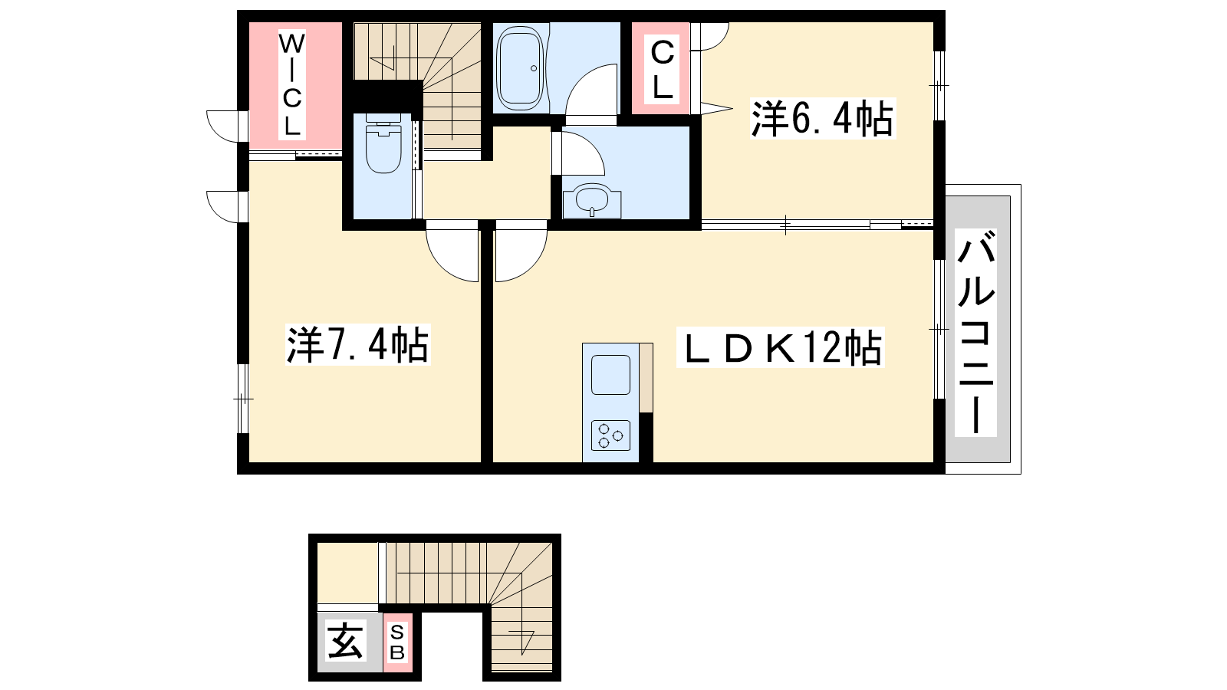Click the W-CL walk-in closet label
pos(291,85)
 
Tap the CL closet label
pos(662,69)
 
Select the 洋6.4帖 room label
pos(823,118)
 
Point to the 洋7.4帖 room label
pos(358,344)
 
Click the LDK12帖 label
pos(780,347)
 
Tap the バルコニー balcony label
pos(975,333)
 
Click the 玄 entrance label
pos(344,642)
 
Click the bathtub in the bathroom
pos(521,66)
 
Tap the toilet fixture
pos(383,143)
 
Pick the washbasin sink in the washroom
pos(592,202)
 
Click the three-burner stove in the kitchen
pos(610,436)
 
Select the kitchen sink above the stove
pos(610,375)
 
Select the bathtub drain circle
pos(534,68)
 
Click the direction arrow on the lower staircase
pos(522,639)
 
